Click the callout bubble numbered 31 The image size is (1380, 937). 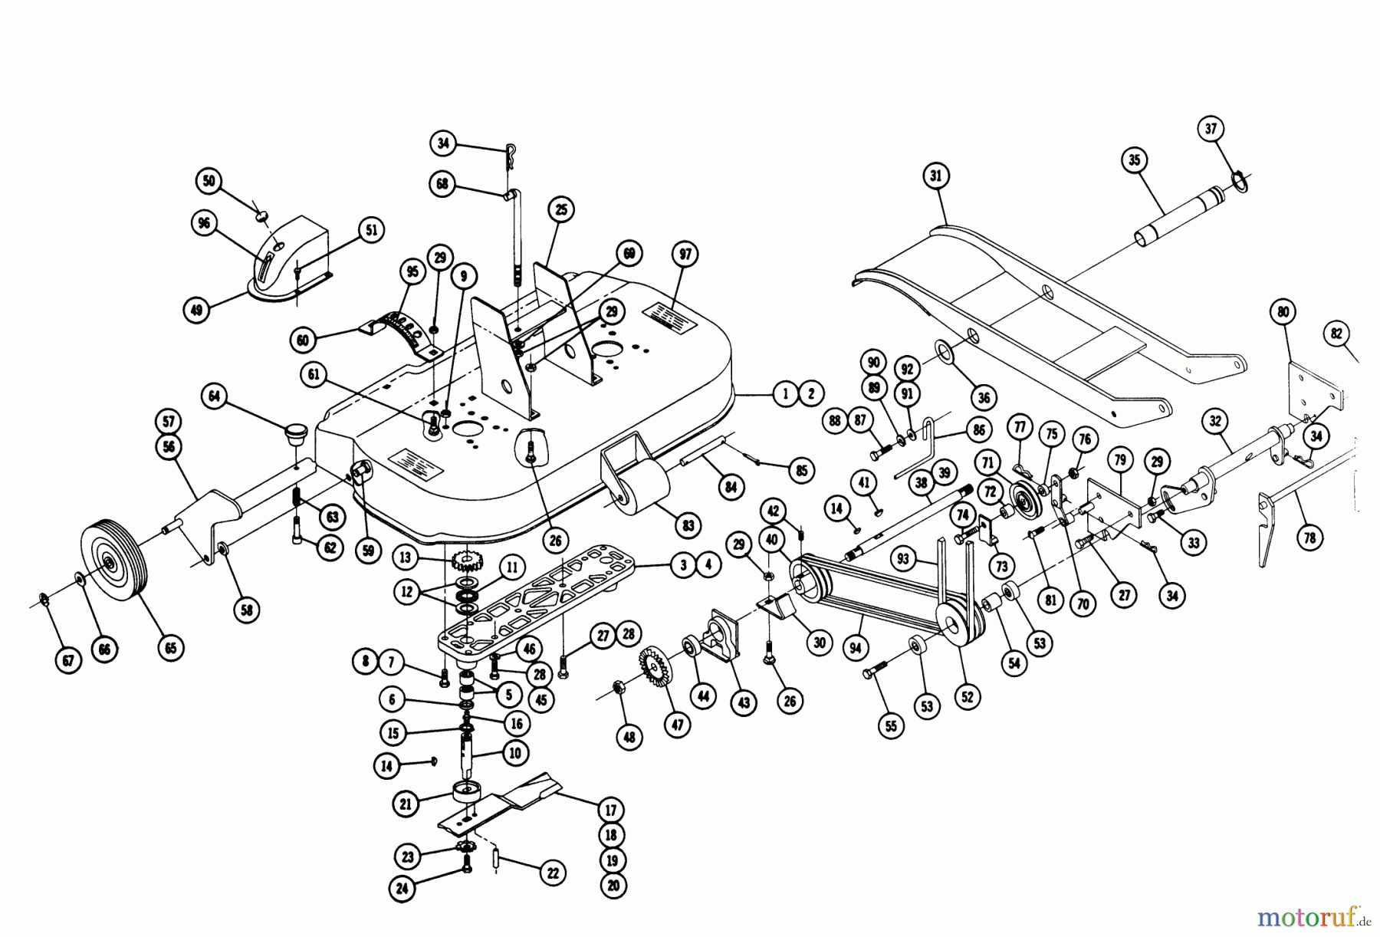(935, 176)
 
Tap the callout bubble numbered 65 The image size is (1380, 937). (170, 647)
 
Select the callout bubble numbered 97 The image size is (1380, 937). (684, 255)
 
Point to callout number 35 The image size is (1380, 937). (1135, 161)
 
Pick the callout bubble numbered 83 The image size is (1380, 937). (688, 525)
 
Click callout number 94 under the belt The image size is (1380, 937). (856, 648)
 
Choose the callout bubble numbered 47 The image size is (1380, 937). (677, 725)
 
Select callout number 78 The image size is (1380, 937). (1309, 538)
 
